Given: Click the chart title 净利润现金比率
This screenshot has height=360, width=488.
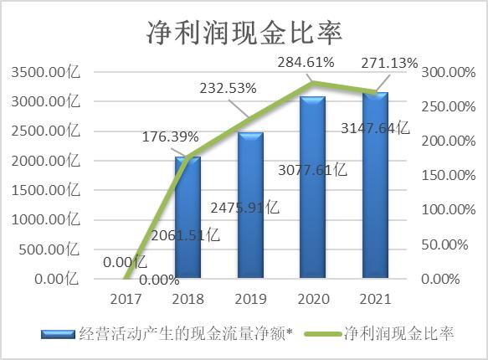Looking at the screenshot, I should (244, 32).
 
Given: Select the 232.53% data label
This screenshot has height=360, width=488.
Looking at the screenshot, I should (227, 87).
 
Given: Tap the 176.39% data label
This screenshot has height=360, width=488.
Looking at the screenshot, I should (164, 135).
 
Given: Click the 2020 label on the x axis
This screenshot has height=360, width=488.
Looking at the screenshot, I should (312, 298).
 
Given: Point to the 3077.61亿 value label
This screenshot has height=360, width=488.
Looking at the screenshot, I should (311, 171).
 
